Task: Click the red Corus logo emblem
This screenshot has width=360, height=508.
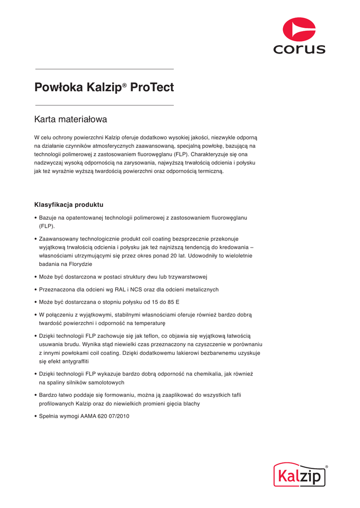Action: (299, 30)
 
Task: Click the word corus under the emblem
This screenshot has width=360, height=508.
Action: (299, 49)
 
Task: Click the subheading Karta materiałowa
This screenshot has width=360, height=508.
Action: (71, 120)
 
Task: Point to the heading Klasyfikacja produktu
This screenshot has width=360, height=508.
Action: (69, 204)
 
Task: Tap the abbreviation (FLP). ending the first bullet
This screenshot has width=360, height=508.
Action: (47, 226)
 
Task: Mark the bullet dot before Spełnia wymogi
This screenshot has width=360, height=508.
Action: (36, 416)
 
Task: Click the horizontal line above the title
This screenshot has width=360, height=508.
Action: (104, 69)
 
